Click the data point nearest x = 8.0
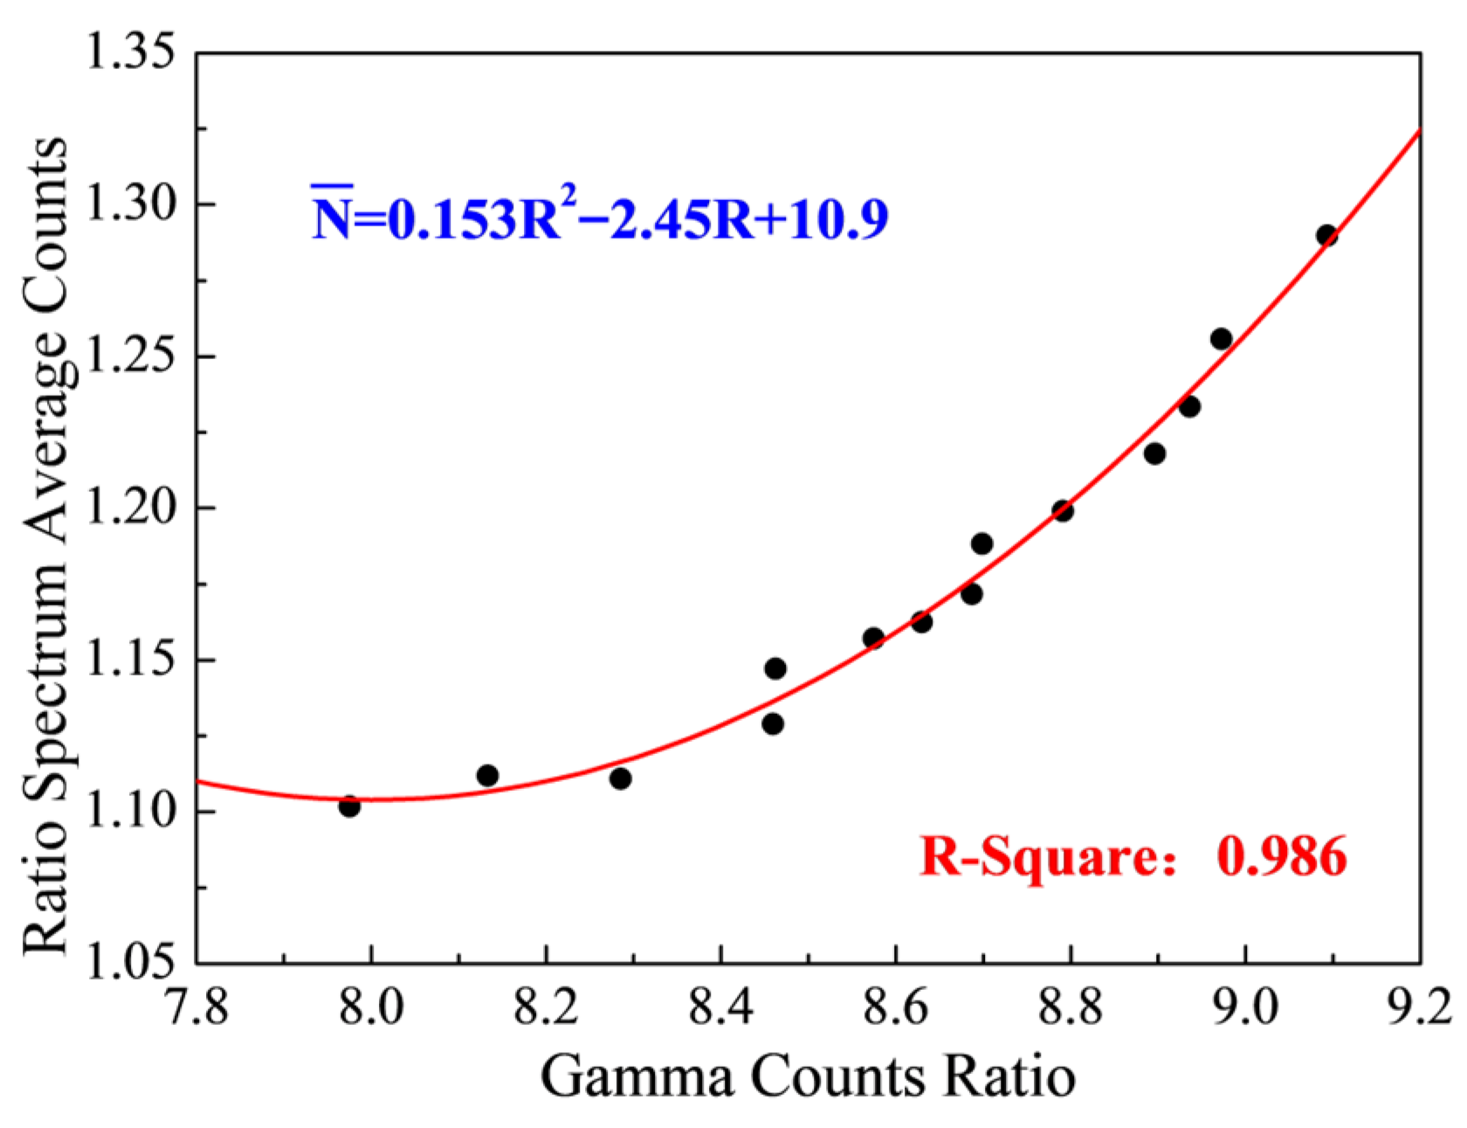349,806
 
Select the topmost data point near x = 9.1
1326,235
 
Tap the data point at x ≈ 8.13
487,775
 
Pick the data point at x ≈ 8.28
620,778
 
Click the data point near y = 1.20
1063,510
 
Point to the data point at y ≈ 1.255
1221,339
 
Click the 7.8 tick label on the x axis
197,1007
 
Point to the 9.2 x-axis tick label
1420,1007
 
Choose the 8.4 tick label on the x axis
721,1007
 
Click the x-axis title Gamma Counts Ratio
808,1076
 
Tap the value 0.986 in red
1282,855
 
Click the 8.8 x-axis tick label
1071,1007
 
